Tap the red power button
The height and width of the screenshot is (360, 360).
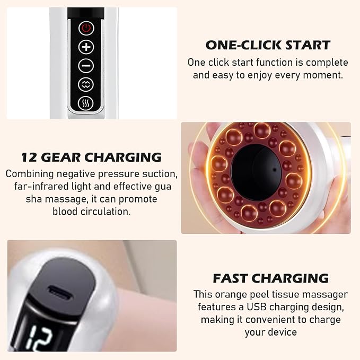[86, 29]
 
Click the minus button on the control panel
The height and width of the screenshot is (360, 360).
[86, 66]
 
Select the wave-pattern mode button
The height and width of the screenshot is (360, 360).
[86, 85]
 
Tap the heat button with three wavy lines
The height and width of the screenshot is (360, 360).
[86, 103]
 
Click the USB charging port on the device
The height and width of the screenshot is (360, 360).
[60, 293]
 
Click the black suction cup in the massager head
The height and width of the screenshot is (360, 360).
[256, 172]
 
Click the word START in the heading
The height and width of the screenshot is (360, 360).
[308, 45]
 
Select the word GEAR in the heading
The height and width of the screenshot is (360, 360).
[61, 157]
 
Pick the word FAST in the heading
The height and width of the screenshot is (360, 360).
[232, 278]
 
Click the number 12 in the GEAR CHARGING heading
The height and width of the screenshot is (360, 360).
[29, 157]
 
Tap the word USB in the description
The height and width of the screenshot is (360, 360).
[254, 307]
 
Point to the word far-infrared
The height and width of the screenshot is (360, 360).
[41, 187]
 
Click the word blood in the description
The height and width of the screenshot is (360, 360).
[65, 212]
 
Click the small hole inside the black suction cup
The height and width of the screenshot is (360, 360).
[275, 170]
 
